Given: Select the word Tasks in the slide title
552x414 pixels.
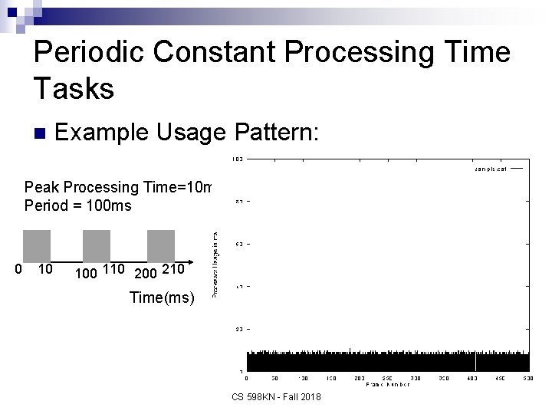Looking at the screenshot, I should [x=74, y=89].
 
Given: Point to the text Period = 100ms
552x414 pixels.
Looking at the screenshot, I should [x=77, y=205].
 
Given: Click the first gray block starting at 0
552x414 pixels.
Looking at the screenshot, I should [x=37, y=245].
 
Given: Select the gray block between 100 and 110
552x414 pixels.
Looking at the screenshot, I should [x=97, y=245].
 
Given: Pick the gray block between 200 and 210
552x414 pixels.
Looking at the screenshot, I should [x=161, y=245].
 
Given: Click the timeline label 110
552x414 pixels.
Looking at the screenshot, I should [x=115, y=269].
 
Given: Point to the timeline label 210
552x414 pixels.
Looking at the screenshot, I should [x=174, y=269].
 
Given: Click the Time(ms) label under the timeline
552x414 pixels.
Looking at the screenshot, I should [x=163, y=297].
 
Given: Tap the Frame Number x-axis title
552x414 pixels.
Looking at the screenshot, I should [x=387, y=384].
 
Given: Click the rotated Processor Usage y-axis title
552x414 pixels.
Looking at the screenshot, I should [x=215, y=264].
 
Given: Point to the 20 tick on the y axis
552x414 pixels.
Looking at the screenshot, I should [x=238, y=329].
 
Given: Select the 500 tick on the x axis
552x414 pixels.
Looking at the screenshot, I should [x=529, y=377].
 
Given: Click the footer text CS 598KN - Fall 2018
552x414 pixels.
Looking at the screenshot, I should [x=276, y=396].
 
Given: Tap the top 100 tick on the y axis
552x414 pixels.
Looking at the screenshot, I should [x=238, y=159].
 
